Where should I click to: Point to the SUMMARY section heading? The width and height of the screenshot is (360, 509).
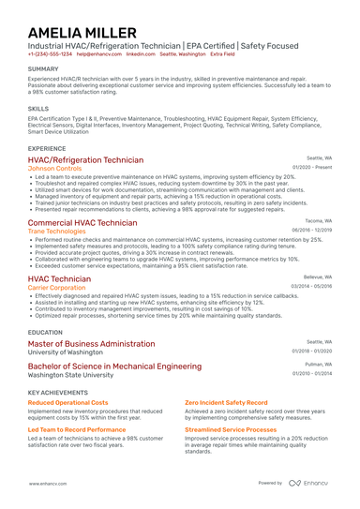point(43,68)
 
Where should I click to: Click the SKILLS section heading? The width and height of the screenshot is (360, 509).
point(38,108)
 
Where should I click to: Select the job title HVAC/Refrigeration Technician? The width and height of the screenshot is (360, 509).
point(86,160)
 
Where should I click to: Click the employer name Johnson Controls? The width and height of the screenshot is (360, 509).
point(62,169)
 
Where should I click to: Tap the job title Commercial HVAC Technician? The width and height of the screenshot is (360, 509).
point(82,223)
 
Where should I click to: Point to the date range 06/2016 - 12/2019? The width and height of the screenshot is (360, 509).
point(311,230)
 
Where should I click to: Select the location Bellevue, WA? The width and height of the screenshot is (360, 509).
point(318,277)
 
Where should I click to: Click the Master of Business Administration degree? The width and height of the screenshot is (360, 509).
point(92,343)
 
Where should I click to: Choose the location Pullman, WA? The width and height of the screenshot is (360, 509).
point(318,365)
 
